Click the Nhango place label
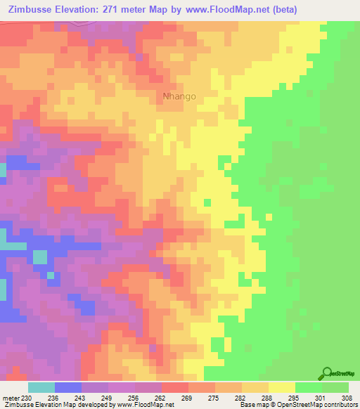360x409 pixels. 179,96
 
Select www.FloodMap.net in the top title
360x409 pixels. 219,10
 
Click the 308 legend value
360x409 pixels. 349,397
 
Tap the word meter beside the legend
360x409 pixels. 11,397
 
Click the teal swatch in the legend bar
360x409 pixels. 41,387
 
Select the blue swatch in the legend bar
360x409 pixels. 68,387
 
